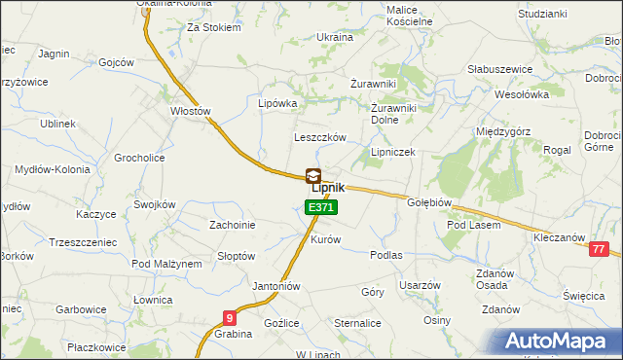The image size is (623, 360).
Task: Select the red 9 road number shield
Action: point(229,317)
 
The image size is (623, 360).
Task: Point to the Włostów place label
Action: point(191,111)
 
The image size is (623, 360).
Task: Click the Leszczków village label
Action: point(320,138)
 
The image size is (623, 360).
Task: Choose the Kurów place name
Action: point(325,239)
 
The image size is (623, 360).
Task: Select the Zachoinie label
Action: point(233,225)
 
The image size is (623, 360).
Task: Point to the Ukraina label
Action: point(335,36)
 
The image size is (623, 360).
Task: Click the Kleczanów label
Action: point(559,237)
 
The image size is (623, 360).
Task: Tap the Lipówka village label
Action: point(276,102)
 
